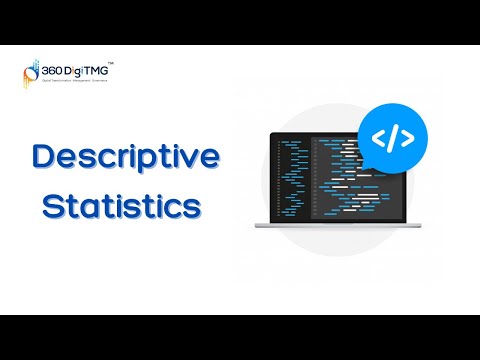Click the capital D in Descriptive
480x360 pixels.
pyautogui.click(x=43, y=157)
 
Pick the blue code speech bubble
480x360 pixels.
pyautogui.click(x=392, y=138)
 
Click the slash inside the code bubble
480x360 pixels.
pyautogui.click(x=392, y=138)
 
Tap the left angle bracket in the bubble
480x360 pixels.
pyautogui.click(x=378, y=138)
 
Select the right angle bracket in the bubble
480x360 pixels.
pyautogui.click(x=407, y=138)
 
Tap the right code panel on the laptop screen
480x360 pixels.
pyautogui.click(x=350, y=185)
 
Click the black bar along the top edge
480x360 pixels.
pyautogui.click(x=240, y=22)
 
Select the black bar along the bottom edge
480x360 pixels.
pyautogui.click(x=240, y=337)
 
